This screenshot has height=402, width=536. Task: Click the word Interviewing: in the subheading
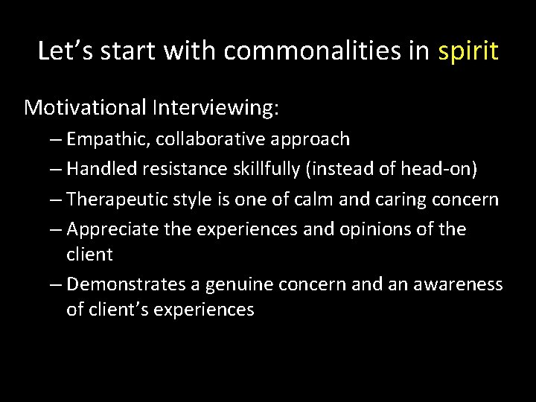tap(216, 107)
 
